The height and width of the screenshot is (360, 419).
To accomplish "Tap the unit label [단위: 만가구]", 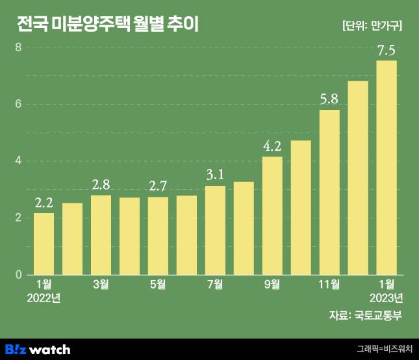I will (372, 26).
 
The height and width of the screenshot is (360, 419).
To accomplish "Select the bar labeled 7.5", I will (387, 167).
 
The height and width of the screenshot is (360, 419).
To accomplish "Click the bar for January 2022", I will (44, 243).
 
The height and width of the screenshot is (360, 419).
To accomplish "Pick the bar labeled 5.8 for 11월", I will (329, 192).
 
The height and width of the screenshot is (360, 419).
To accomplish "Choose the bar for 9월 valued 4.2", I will (272, 215).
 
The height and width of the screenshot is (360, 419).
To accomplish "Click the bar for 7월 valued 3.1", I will (215, 230).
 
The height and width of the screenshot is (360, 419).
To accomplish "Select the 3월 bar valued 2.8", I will (101, 235).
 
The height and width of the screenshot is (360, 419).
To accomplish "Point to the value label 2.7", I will (158, 186).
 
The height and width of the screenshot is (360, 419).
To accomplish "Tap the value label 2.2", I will (44, 203).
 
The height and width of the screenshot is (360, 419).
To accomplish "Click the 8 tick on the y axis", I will (19, 47).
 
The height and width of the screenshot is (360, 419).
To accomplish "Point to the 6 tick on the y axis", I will (19, 104).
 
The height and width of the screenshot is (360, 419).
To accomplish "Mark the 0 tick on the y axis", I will (19, 274).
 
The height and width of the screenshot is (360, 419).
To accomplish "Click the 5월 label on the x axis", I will (158, 284).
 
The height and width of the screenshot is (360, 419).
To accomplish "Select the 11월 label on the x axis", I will (329, 284).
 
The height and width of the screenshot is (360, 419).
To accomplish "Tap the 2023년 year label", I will (387, 298).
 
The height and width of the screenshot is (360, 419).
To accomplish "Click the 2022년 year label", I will (44, 298).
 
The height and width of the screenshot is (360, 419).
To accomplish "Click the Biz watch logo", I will (37, 349).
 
